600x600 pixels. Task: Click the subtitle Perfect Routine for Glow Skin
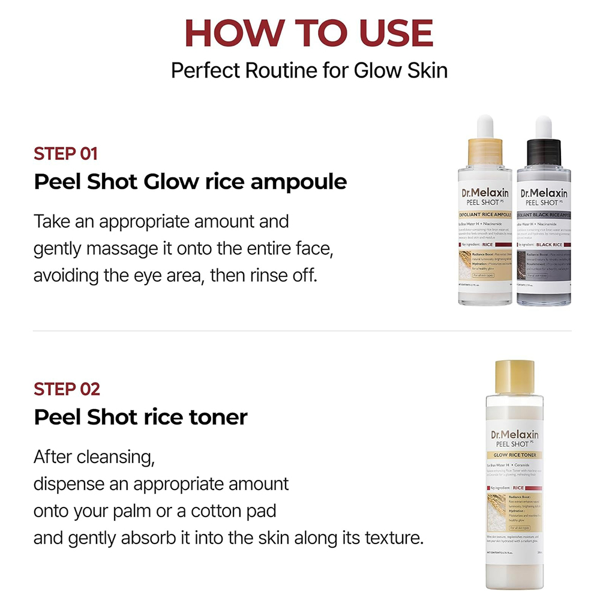(309, 70)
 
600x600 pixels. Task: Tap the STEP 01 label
(65, 153)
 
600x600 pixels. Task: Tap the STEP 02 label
(67, 389)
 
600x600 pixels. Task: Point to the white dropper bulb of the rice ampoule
(485, 126)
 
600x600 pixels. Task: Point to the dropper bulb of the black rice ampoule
(544, 127)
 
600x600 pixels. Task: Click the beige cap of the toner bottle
(514, 374)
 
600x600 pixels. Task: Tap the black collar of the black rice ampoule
(544, 151)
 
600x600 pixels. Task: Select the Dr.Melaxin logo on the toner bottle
(514, 434)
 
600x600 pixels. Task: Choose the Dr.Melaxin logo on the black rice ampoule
(544, 193)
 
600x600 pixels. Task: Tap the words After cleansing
(94, 457)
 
